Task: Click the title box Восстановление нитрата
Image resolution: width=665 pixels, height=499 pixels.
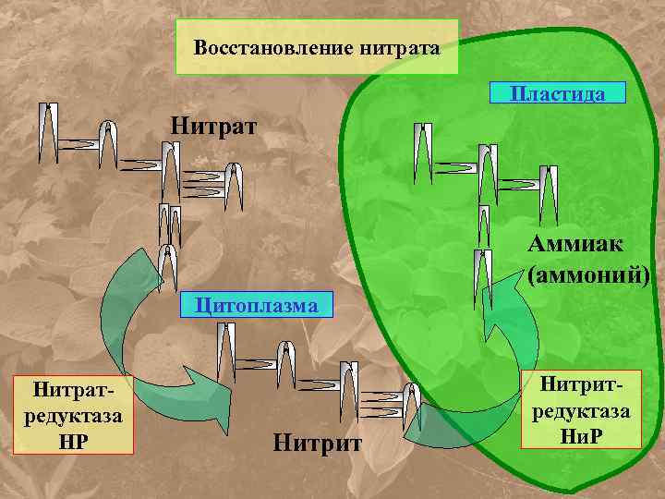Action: (317, 47)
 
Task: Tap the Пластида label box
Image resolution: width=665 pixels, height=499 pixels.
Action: (558, 93)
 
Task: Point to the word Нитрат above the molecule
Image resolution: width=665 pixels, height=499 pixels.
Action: (215, 124)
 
